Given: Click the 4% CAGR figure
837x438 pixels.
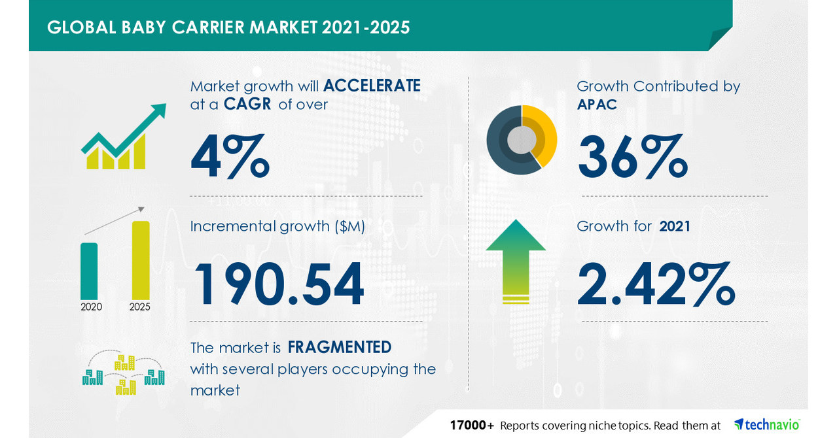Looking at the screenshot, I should pyautogui.click(x=230, y=156).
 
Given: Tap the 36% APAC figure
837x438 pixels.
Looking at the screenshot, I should pyautogui.click(x=632, y=156).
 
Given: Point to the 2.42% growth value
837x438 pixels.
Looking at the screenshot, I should pyautogui.click(x=656, y=284).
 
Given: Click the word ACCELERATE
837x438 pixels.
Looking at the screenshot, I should pyautogui.click(x=372, y=86).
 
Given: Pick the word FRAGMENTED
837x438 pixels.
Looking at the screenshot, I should pyautogui.click(x=340, y=346).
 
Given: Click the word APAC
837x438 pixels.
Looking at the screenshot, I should pyautogui.click(x=597, y=104).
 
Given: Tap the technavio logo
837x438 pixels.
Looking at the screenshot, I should pyautogui.click(x=766, y=424).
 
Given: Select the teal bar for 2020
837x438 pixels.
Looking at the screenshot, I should pyautogui.click(x=89, y=271).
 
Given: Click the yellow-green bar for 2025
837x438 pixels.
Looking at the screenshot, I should pyautogui.click(x=141, y=260).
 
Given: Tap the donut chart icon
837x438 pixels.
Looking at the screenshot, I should pyautogui.click(x=522, y=139).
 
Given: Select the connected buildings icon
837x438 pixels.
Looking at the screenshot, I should pyautogui.click(x=123, y=375).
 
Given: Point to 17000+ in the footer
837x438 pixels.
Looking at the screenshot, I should pyautogui.click(x=472, y=425).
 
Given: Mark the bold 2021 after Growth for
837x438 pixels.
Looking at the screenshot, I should pyautogui.click(x=675, y=226).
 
